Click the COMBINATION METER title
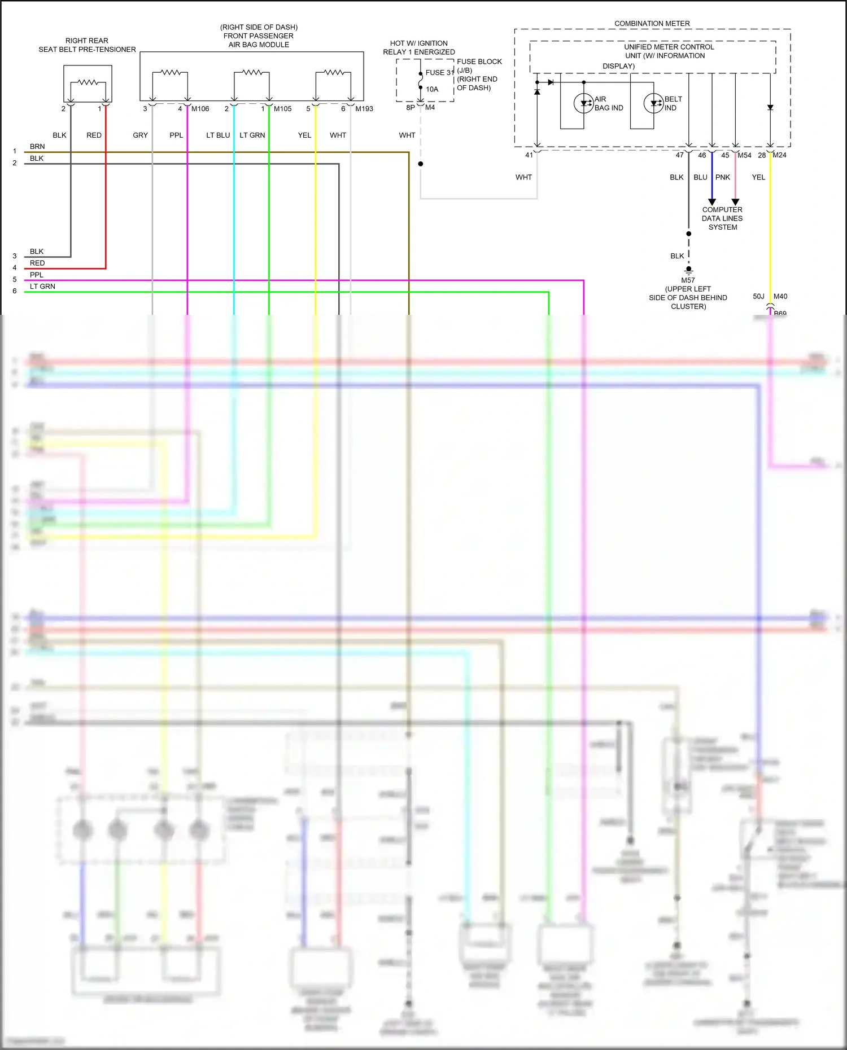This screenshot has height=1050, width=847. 652,24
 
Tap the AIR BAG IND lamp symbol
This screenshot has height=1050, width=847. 583,103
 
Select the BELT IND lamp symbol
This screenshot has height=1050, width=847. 653,103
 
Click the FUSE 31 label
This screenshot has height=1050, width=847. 439,73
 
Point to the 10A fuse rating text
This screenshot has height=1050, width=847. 432,89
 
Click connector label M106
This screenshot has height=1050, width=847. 200,109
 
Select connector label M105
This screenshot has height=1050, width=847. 282,109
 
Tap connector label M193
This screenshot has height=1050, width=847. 364,109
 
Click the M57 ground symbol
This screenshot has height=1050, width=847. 688,270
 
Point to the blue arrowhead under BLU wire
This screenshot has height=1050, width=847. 711,202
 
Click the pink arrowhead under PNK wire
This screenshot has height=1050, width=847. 735,202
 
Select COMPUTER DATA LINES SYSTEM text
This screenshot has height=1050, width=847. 722,218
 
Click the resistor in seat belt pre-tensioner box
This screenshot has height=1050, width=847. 88,82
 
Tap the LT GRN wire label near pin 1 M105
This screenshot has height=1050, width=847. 252,135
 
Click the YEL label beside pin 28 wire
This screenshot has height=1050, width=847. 758,177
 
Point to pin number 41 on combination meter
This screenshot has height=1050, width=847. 529,155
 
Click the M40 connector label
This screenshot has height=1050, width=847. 780,296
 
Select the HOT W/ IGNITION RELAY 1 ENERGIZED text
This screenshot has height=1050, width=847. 418,47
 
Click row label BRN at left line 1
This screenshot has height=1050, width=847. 37,147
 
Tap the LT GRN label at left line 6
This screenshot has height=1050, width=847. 42,287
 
